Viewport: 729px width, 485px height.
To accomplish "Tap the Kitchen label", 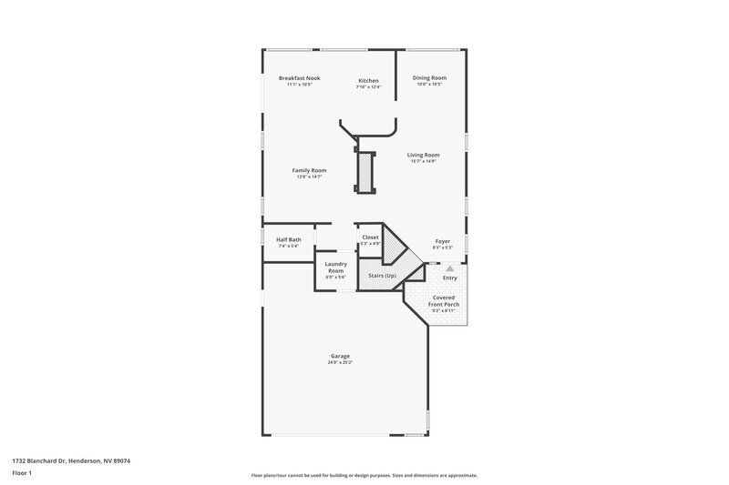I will [x=367, y=81].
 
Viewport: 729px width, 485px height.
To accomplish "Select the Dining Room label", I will [x=428, y=78].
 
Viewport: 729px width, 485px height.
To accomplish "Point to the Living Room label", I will [x=424, y=155].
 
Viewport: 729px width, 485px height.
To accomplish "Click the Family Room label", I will [x=309, y=170].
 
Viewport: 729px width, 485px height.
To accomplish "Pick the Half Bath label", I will [x=289, y=239].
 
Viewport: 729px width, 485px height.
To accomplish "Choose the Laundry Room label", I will [x=335, y=268].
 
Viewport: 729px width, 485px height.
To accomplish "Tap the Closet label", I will [x=370, y=237].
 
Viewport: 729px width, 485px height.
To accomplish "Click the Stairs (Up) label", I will [x=382, y=275].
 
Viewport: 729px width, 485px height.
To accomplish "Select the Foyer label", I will [x=442, y=241].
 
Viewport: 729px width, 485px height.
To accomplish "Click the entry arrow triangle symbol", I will [x=449, y=268].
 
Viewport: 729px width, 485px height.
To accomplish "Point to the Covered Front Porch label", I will [x=445, y=300].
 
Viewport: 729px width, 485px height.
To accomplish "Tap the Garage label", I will [x=340, y=356].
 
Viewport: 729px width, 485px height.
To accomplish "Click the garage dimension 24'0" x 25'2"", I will [x=340, y=362].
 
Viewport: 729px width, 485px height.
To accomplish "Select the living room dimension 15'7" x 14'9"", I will [x=424, y=161].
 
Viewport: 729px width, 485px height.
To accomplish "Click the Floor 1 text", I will [x=22, y=473].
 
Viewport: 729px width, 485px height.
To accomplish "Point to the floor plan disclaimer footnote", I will [x=364, y=475].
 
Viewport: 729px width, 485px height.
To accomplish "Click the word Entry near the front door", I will [x=450, y=278].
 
